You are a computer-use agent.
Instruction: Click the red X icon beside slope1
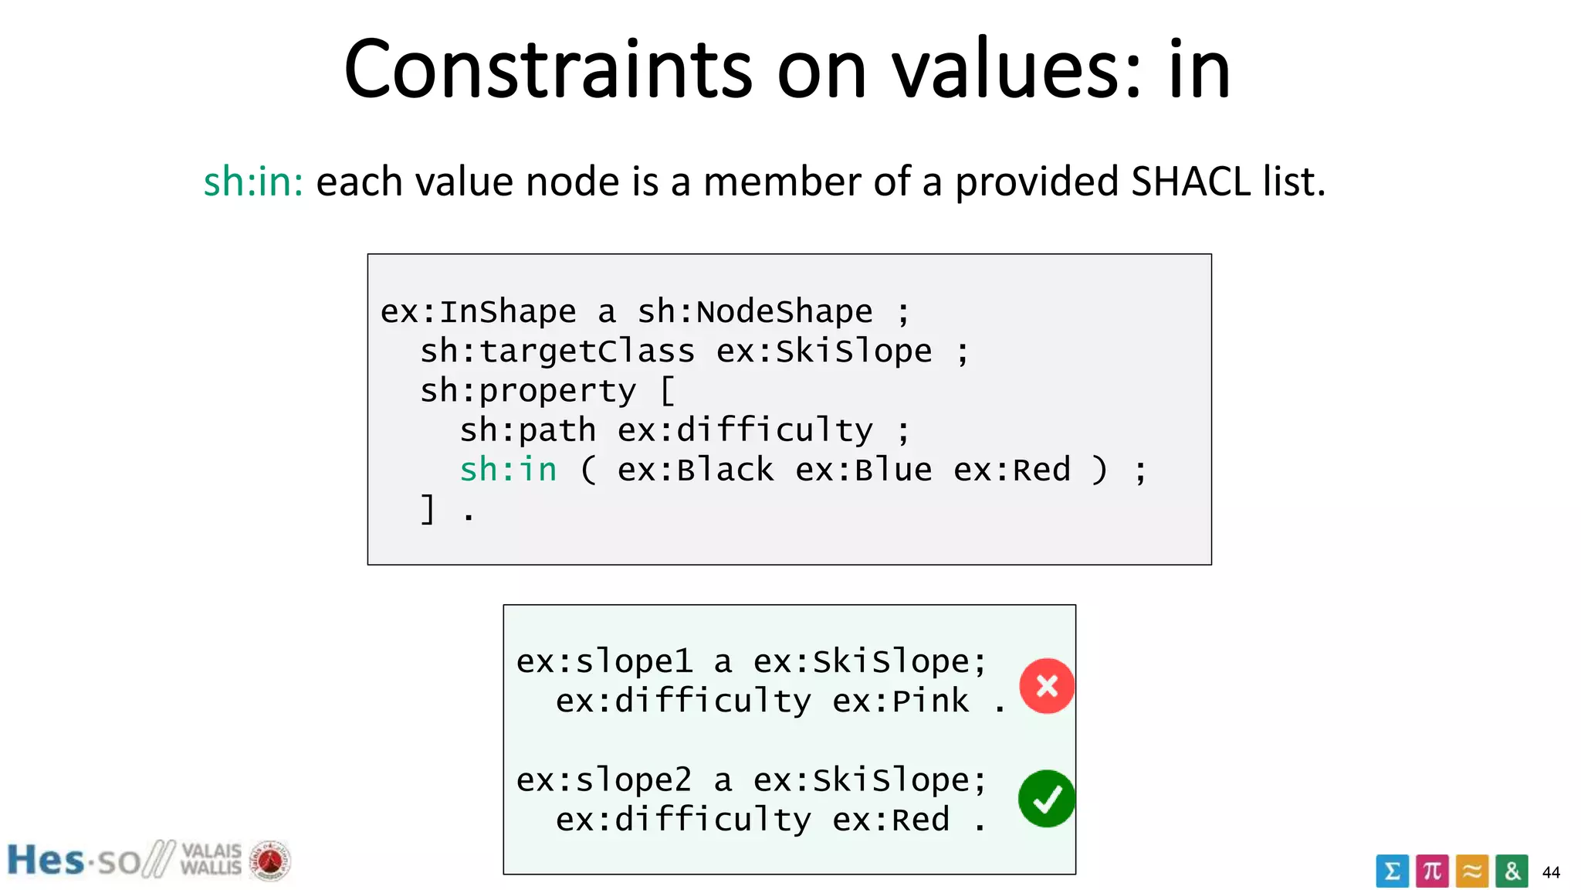point(1046,685)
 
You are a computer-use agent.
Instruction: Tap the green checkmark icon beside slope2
point(1046,798)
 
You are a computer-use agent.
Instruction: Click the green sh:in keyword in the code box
point(508,469)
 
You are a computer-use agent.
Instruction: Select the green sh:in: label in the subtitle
point(253,182)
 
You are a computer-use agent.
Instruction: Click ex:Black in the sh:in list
point(695,469)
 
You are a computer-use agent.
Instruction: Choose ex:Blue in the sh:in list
point(863,469)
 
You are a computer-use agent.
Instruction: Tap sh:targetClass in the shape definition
point(557,352)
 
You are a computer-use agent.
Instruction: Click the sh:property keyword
point(527,391)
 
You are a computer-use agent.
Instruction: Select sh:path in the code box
point(527,430)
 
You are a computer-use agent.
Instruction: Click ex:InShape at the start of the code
point(478,311)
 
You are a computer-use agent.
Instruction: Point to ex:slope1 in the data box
point(604,661)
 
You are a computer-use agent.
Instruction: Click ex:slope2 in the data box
point(604,780)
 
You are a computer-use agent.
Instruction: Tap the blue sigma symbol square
point(1392,871)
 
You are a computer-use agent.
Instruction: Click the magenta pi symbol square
point(1432,871)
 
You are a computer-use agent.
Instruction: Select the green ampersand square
point(1512,871)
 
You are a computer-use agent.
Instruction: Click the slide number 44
point(1551,872)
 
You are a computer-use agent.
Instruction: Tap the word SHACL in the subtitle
point(1191,182)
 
